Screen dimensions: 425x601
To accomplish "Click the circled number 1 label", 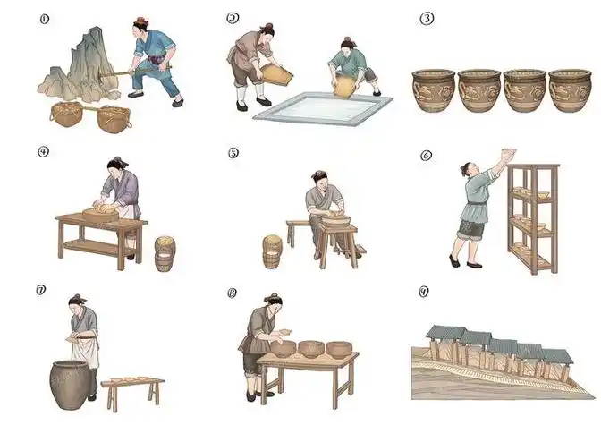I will [43, 16].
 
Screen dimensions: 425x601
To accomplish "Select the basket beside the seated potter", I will [273, 250].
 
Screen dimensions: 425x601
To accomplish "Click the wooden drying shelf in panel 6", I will [532, 219].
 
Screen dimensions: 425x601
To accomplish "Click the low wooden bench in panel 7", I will [132, 387].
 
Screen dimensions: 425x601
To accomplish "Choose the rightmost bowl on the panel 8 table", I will [339, 348].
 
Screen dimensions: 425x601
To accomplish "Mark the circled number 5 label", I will [234, 152].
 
